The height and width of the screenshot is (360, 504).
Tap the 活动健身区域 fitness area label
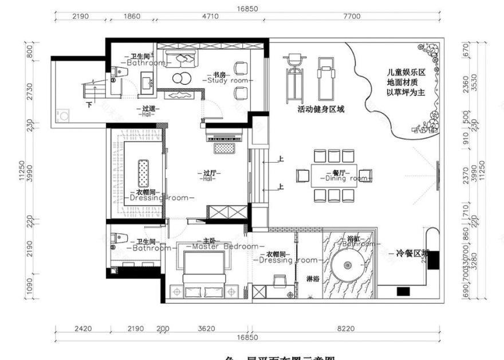[x=321, y=108]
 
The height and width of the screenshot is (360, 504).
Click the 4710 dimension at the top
[x=211, y=17]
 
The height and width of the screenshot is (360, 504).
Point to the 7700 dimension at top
[x=352, y=17]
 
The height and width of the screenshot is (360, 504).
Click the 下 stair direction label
[x=89, y=105]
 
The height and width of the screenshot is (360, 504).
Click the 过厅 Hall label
[x=208, y=175]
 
